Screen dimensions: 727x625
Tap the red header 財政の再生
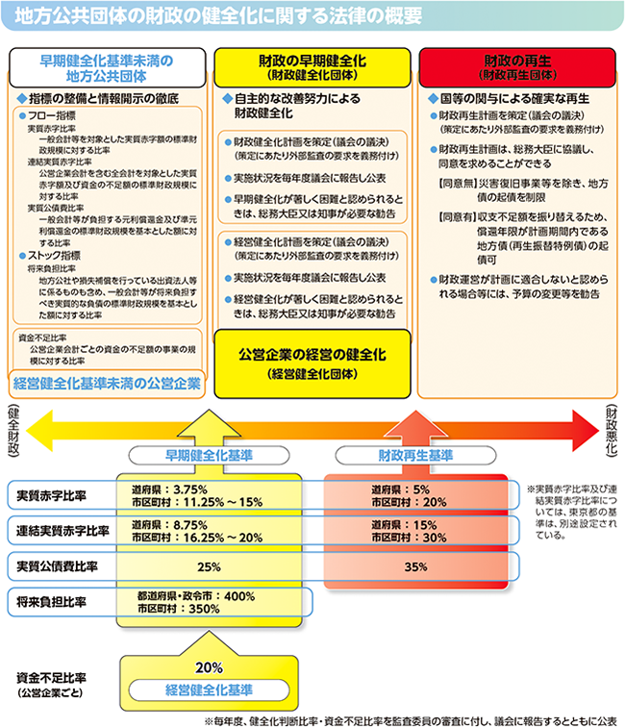516,64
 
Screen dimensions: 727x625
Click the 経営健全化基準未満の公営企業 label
107,383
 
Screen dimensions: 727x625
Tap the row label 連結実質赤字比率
62,530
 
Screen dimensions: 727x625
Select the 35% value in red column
416,566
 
